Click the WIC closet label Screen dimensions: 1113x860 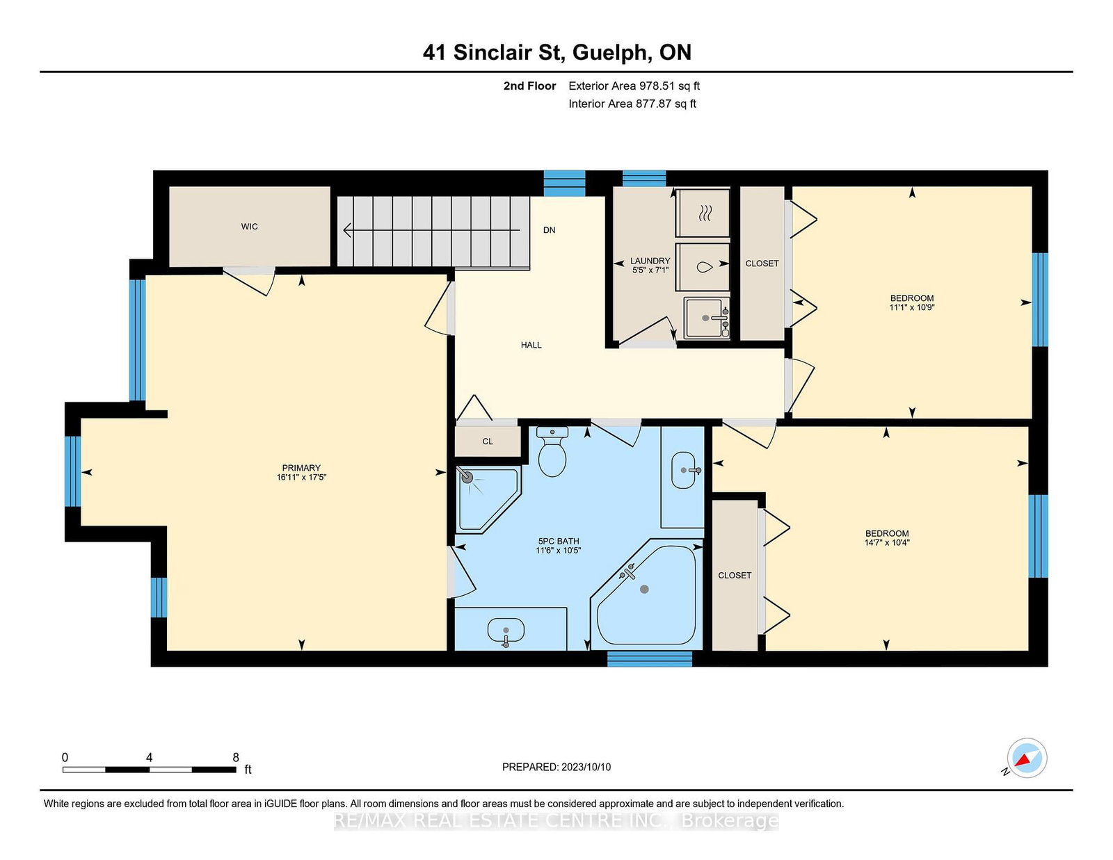point(250,226)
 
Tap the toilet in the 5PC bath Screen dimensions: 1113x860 point(552,451)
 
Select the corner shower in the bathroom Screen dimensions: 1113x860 point(488,500)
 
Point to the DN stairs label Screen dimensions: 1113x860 point(549,230)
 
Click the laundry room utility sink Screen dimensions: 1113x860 point(706,318)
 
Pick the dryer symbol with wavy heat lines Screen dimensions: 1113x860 point(703,213)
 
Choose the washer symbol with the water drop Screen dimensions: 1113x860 point(703,267)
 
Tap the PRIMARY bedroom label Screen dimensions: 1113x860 point(301,468)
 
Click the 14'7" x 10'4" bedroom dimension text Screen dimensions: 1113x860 point(887,542)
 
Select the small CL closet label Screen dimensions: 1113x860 point(488,441)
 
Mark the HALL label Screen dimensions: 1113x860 point(531,345)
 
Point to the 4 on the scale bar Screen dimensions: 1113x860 point(149,757)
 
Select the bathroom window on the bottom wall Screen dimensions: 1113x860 point(650,658)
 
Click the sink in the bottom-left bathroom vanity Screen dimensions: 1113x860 point(506,630)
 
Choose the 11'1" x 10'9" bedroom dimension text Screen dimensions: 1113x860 point(912,307)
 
